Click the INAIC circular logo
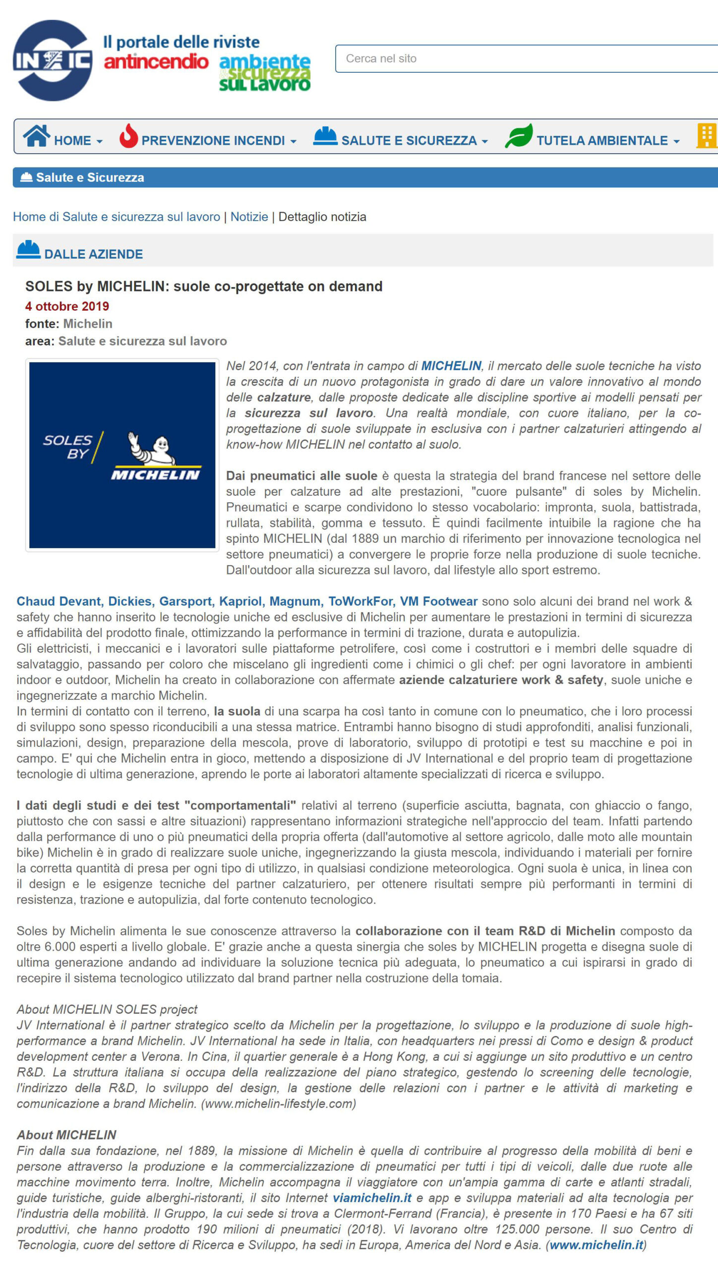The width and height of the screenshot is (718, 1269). [53, 60]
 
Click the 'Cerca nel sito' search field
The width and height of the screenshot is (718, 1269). [526, 58]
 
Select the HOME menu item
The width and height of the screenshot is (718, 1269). [72, 140]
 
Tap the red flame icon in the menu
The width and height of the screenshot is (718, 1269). [128, 136]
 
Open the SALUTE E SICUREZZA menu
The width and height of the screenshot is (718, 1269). [409, 140]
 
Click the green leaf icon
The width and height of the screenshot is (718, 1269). [518, 136]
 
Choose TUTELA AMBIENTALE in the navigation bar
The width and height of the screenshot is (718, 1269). [602, 140]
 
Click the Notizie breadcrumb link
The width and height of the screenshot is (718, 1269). [249, 217]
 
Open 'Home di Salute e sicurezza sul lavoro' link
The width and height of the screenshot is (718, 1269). [117, 217]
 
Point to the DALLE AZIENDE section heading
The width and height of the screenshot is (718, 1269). [93, 254]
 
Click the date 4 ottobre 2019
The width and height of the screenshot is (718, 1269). [67, 306]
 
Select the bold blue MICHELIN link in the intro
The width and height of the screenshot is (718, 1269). [451, 366]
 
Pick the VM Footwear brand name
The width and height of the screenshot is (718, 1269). [438, 601]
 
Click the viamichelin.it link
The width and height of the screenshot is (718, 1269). [372, 1198]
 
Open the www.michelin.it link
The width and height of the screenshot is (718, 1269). [596, 1245]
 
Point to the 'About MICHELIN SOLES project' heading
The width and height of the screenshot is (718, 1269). [107, 1009]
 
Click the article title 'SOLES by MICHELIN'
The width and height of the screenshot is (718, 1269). [203, 286]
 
